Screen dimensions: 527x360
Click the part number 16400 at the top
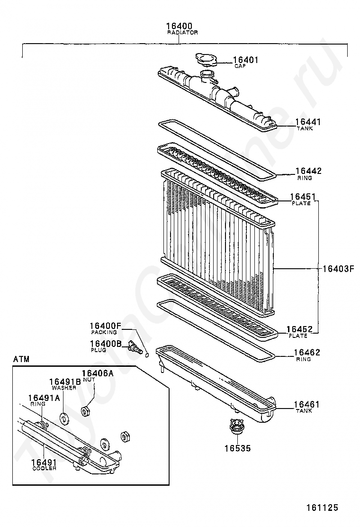(179, 26)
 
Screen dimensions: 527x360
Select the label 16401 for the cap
(245, 60)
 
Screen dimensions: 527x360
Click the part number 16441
(308, 122)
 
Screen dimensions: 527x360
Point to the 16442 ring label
(308, 171)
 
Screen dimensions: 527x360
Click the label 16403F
(338, 269)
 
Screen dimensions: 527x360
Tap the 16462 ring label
(307, 353)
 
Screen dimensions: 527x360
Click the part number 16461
(307, 405)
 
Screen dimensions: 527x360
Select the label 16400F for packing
(106, 326)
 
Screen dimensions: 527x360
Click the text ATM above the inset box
(21, 359)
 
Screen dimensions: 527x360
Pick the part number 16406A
(98, 373)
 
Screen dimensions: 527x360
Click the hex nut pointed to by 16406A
(86, 411)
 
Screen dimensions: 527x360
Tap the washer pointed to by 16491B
(63, 419)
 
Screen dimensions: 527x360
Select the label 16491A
(44, 398)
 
